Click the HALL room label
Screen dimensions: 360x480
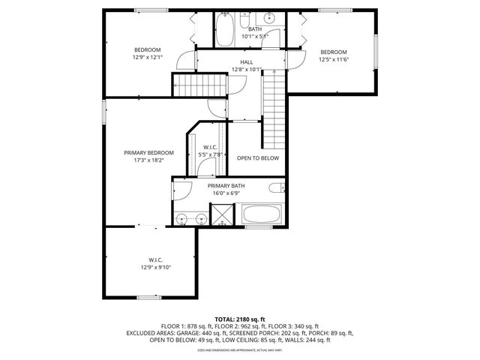coord(246,62)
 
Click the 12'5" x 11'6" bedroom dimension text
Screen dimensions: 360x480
coord(334,59)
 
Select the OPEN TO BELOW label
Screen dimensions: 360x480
coord(257,158)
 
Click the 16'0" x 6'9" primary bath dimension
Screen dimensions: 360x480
coord(226,193)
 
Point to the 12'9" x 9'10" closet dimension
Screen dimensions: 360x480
coord(154,267)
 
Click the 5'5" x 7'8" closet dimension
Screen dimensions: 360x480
coord(211,154)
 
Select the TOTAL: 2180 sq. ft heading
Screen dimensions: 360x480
coord(240,319)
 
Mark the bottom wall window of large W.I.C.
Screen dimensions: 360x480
coord(149,297)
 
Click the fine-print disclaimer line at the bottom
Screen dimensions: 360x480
coord(240,349)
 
